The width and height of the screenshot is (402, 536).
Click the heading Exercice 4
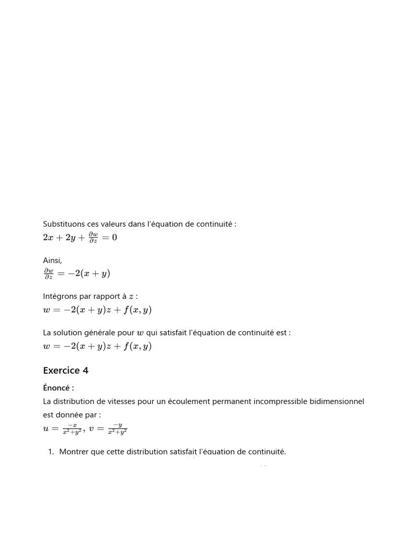[65, 371]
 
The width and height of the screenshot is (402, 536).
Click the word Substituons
[62, 224]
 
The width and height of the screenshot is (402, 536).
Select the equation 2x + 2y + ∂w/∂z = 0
[80, 238]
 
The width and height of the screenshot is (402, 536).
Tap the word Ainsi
[52, 260]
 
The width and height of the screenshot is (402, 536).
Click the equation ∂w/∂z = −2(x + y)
[76, 273]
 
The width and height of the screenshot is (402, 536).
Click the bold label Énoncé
[58, 388]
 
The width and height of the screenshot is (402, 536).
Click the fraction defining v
[117, 429]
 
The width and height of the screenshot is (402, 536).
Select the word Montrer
[74, 452]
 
